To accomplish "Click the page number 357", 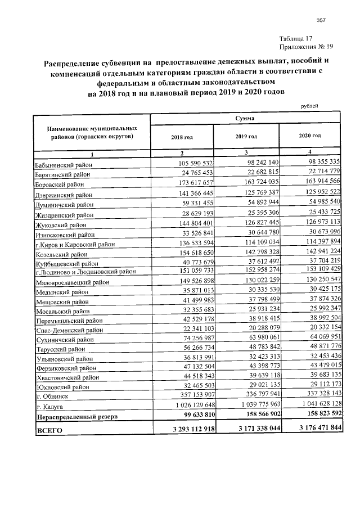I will point(322,21).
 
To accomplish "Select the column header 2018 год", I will point(182,137).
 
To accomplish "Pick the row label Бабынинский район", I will point(63,165).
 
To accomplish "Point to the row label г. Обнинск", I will point(53,396).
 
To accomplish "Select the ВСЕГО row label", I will point(49,430).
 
